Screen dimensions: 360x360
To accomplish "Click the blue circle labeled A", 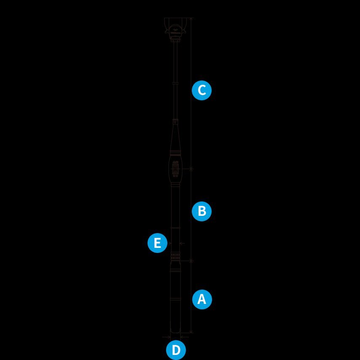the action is click(x=202, y=299).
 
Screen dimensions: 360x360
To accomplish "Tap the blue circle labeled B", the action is click(x=201, y=211).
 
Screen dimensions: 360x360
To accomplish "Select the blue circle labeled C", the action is click(x=201, y=90).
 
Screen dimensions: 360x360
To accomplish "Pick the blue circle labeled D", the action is click(x=176, y=350).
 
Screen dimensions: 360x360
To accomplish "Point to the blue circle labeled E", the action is click(x=157, y=243).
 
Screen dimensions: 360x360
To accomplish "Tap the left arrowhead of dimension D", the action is click(x=169, y=337).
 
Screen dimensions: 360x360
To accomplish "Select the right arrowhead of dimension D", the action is click(x=182, y=337).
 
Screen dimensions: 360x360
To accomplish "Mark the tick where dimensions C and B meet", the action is click(x=191, y=169).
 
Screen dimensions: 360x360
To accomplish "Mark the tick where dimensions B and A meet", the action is click(x=191, y=261).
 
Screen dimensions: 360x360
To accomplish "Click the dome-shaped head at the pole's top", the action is click(x=176, y=30).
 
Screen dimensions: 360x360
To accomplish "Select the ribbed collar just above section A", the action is click(x=175, y=256).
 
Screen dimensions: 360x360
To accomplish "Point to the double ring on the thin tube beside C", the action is click(x=175, y=83).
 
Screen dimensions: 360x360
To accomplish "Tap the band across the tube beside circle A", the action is click(x=175, y=299).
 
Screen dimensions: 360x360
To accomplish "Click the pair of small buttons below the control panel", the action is click(x=175, y=176).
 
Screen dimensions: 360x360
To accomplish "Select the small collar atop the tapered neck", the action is click(x=175, y=121).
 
